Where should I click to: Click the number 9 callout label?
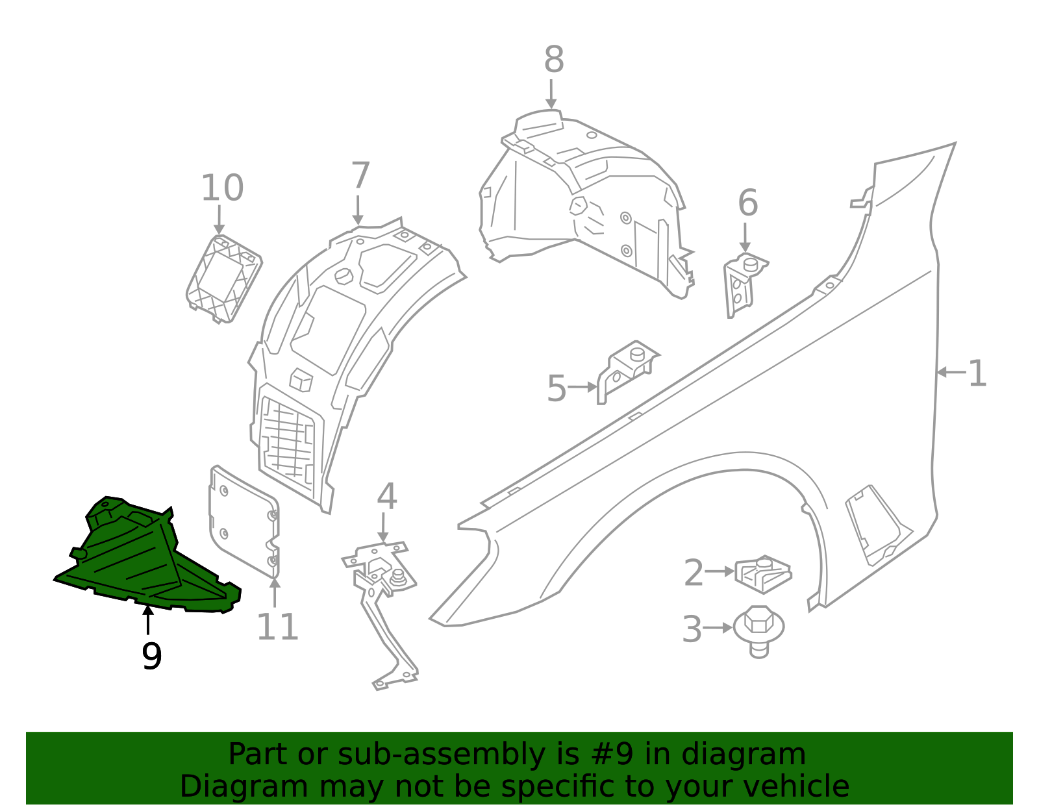(x=151, y=656)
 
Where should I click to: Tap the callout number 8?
(x=553, y=60)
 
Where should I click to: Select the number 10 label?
(x=221, y=188)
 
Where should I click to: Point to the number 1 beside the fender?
(x=977, y=374)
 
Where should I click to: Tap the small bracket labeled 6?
(x=743, y=282)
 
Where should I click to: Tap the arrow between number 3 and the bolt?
(x=718, y=628)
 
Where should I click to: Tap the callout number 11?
(x=277, y=627)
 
